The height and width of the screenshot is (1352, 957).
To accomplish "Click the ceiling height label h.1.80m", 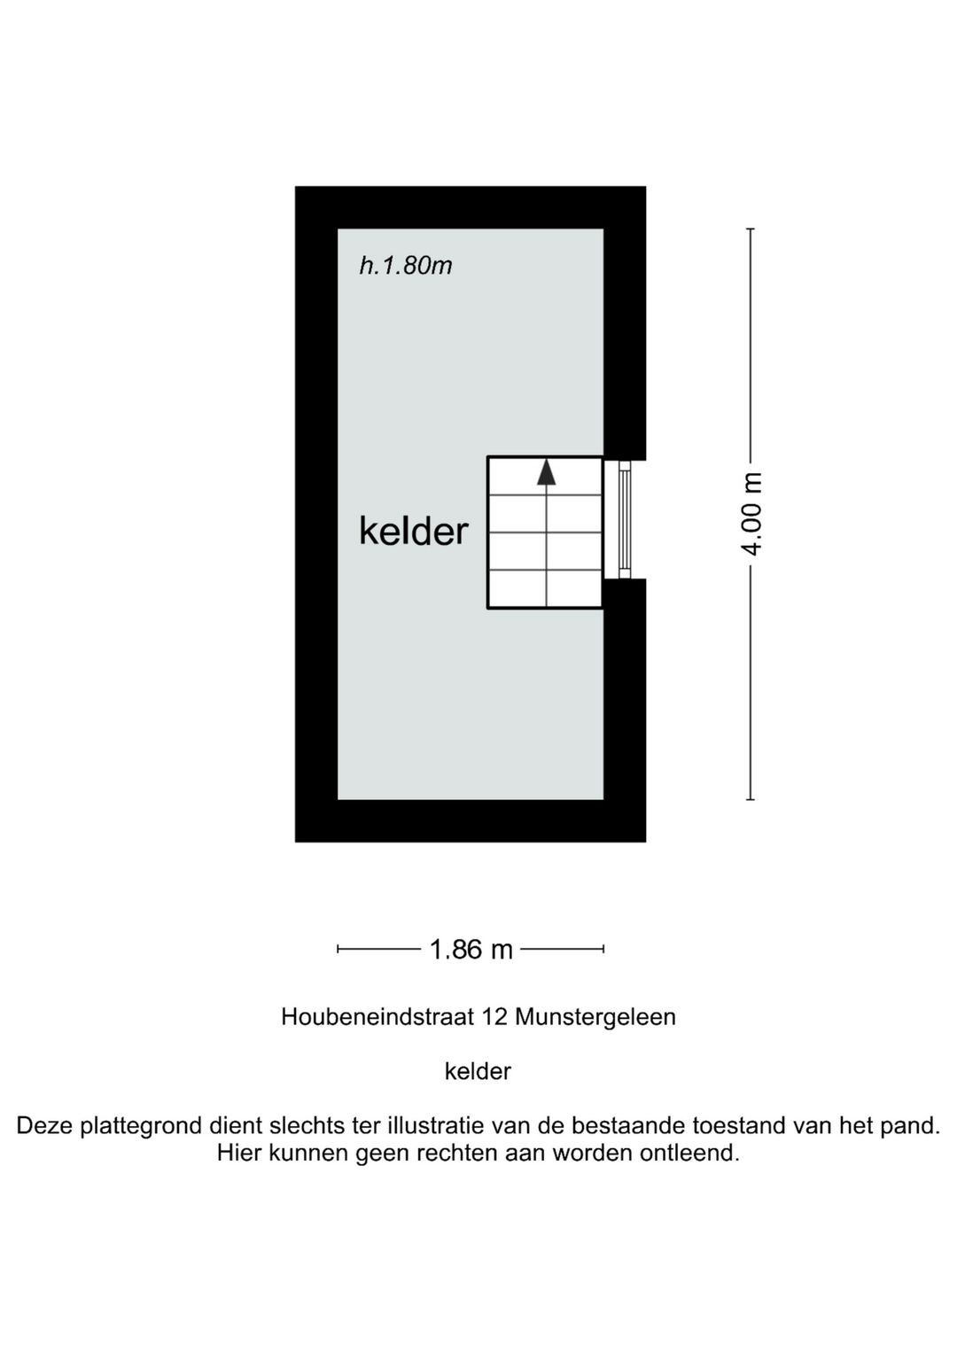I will [x=405, y=265].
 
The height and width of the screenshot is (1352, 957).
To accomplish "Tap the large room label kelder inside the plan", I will [x=413, y=531].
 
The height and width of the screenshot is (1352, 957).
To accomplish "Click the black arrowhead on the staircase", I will [x=547, y=472].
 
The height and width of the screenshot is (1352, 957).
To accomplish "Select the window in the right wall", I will [x=625, y=519].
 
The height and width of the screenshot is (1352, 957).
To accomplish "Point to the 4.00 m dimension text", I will [x=751, y=514].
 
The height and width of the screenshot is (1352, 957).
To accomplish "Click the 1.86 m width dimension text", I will [x=471, y=950].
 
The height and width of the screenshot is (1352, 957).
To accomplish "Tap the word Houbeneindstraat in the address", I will [x=378, y=1016].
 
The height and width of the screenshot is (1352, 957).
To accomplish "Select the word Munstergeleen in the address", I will [x=595, y=1016].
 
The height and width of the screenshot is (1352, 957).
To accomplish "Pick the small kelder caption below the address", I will [x=478, y=1071].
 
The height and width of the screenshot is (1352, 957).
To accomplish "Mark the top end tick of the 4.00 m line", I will [x=751, y=229].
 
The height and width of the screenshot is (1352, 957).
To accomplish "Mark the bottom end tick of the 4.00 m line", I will [x=751, y=800].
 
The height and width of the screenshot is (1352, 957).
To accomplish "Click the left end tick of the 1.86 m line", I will [x=338, y=950].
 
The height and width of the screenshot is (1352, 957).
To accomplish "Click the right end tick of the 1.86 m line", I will [x=603, y=950].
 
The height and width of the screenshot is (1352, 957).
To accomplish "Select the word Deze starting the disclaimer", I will [x=45, y=1126].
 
